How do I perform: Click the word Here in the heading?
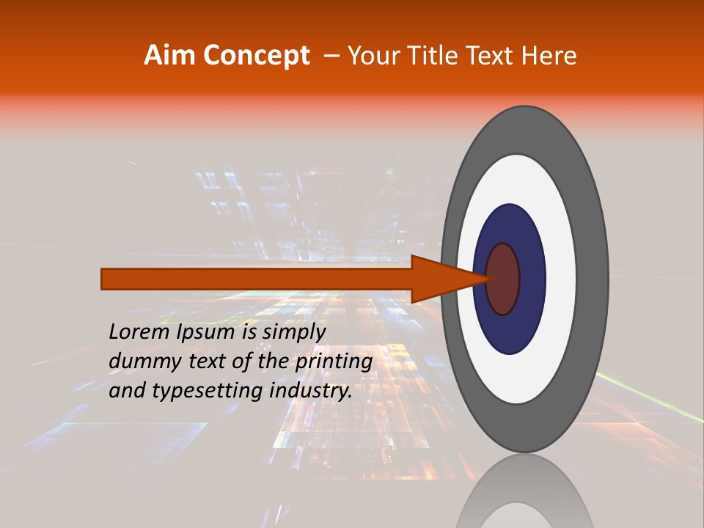[x=549, y=56]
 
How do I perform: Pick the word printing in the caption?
[x=333, y=362]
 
